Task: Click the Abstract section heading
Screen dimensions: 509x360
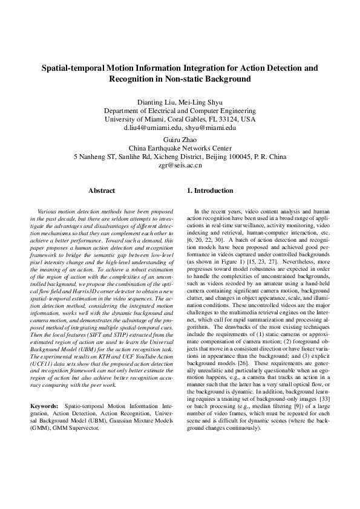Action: coord(102,190)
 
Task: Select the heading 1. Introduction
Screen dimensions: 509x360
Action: coord(210,190)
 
